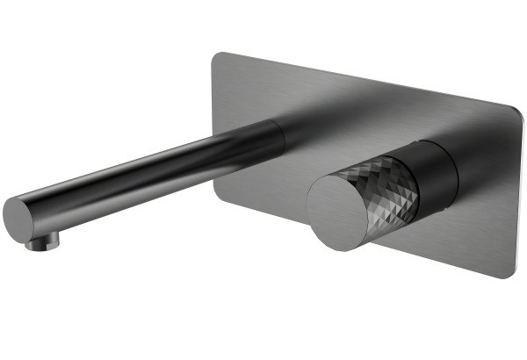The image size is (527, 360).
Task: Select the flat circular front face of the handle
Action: click(x=338, y=211)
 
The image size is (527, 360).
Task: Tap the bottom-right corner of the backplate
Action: click(x=508, y=273)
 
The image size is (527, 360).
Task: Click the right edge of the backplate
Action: click(x=518, y=193)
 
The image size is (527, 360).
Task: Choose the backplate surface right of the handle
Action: click(x=487, y=202)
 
